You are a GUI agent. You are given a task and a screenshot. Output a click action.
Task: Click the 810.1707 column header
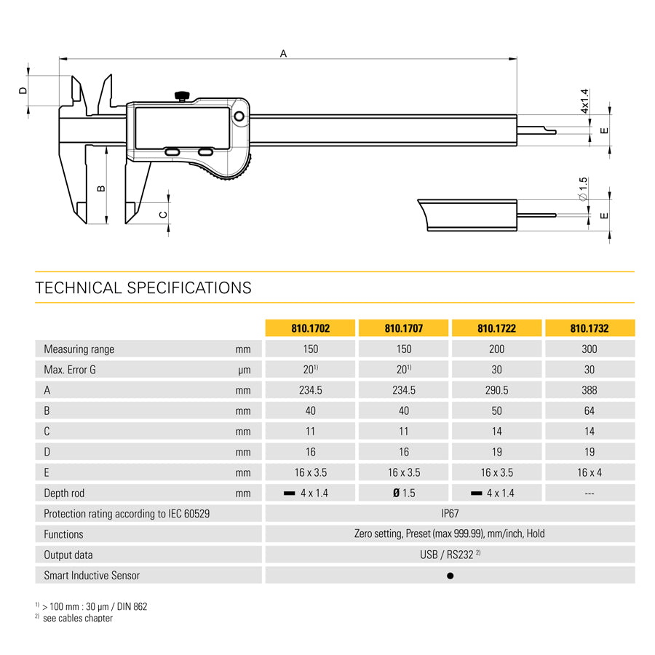[x=403, y=328]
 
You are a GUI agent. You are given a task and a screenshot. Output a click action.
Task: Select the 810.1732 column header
[x=589, y=328]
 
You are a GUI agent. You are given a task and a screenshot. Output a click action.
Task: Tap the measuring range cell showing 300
[x=589, y=349]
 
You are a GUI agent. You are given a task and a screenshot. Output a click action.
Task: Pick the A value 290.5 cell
[x=496, y=390]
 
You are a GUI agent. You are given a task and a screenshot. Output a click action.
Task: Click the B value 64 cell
[x=589, y=410]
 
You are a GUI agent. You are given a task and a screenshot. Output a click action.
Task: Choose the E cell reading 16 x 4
[x=589, y=472]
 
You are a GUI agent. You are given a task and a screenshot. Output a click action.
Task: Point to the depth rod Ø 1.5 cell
[x=403, y=493]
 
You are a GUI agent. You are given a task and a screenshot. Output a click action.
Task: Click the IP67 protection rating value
[x=450, y=513]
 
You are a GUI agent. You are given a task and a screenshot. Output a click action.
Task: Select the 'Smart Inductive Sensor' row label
[x=92, y=575]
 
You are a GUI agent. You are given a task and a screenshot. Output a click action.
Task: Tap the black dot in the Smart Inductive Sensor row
[x=450, y=576]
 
